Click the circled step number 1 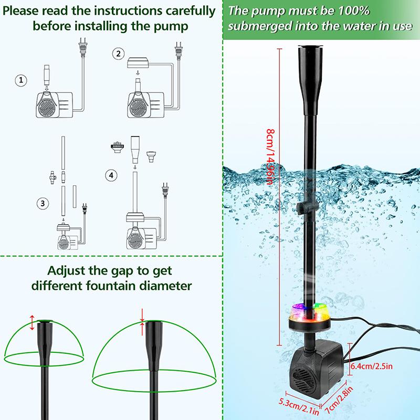coord(21,80)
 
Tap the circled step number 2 coord(119,53)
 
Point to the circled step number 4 coord(110,175)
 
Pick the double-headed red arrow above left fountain coord(32,322)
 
